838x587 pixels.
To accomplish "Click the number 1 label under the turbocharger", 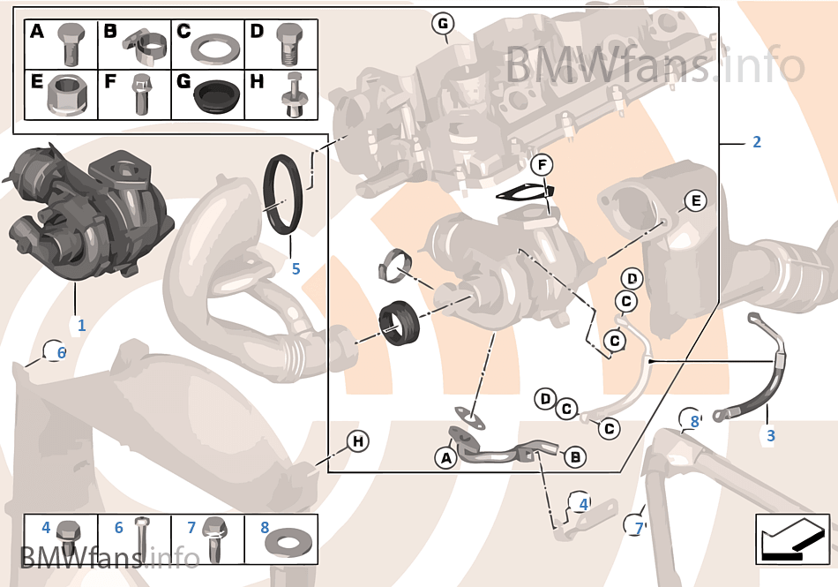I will point(81,325).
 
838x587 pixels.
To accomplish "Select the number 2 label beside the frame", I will point(756,142).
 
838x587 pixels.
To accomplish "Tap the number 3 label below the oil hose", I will point(770,435).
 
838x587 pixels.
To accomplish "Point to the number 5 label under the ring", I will point(296,268).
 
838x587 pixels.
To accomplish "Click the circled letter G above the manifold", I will point(443,23).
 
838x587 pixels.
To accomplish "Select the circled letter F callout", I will point(542,164).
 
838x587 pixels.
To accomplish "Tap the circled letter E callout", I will point(695,201).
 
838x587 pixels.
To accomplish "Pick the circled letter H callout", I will point(356,440).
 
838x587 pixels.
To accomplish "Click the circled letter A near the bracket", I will point(445,457).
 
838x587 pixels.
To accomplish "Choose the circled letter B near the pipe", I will point(574,456).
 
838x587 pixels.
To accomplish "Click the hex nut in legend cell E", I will point(67,94).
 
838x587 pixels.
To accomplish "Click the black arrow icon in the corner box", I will point(792,538).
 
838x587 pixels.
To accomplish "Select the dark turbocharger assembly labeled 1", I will point(88,212).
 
